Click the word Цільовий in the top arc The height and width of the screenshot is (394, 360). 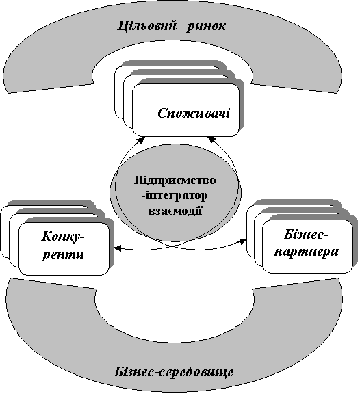click(147, 26)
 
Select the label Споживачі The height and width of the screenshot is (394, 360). click(194, 114)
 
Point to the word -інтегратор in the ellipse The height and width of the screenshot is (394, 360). click(175, 196)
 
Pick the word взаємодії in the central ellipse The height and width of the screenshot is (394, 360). click(175, 210)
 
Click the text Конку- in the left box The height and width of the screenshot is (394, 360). click(64, 237)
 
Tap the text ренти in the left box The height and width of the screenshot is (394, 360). click(64, 254)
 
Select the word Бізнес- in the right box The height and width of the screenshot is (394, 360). click(307, 235)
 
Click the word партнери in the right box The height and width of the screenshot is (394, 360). click(307, 252)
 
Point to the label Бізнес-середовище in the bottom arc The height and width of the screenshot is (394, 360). click(174, 372)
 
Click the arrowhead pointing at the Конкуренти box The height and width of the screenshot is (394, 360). click(118, 248)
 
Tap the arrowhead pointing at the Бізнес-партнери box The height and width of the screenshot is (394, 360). click(243, 241)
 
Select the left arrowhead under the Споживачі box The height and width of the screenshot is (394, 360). click(141, 140)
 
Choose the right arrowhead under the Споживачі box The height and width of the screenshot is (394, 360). click(212, 140)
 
